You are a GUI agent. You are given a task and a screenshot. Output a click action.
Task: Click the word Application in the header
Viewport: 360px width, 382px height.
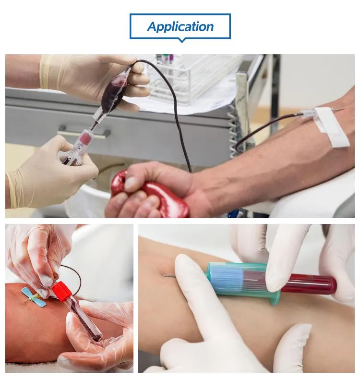point(180,26)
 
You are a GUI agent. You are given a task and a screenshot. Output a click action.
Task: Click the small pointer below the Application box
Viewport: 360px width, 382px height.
point(181,40)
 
